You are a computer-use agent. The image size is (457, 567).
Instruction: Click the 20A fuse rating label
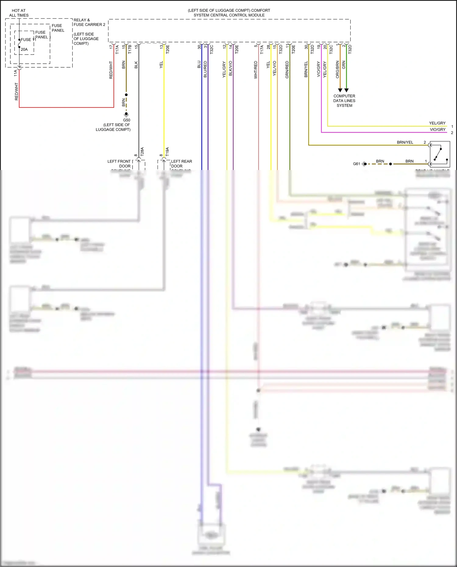click(x=24, y=49)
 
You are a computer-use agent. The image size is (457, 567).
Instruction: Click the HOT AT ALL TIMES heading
click(x=19, y=13)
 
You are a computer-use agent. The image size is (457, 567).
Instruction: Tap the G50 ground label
click(x=126, y=120)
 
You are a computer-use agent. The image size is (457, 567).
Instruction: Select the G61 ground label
click(x=356, y=164)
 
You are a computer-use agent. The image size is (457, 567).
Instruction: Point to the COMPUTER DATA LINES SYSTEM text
click(x=344, y=101)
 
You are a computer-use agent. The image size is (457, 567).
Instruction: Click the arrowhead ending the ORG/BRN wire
click(x=340, y=90)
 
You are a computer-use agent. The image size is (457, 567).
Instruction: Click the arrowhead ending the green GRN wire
click(x=346, y=90)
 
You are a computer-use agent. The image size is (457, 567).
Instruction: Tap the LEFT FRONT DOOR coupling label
click(x=119, y=164)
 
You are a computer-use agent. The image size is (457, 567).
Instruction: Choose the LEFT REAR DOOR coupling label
click(x=181, y=164)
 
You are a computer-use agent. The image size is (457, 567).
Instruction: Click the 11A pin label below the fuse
click(x=16, y=73)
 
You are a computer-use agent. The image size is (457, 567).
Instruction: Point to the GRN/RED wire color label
click(x=287, y=70)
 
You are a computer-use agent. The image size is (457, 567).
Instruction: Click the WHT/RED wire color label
click(x=256, y=70)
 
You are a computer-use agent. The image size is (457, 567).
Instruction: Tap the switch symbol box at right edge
click(x=440, y=154)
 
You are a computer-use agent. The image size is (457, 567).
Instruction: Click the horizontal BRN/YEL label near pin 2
click(x=405, y=142)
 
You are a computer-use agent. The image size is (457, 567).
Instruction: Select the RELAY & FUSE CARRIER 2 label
click(x=89, y=22)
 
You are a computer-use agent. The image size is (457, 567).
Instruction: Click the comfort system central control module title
click(x=229, y=13)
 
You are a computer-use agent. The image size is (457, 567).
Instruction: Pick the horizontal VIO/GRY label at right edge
click(x=438, y=129)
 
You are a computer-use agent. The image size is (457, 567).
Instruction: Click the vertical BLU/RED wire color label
click(x=205, y=69)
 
